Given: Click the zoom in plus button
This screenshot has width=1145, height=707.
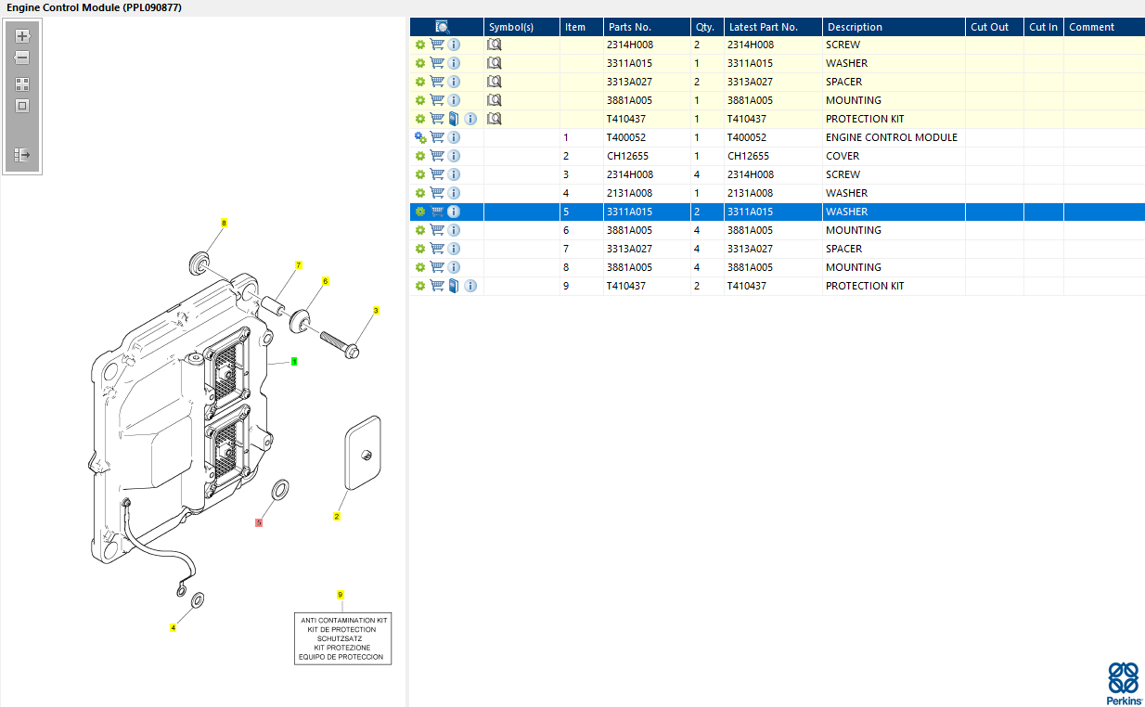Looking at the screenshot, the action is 22,36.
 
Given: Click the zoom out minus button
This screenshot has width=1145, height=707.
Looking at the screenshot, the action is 22,58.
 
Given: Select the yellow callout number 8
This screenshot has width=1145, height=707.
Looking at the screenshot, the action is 224,223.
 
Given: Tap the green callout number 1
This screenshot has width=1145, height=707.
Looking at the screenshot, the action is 294,362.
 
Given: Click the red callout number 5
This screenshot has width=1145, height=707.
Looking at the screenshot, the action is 259,522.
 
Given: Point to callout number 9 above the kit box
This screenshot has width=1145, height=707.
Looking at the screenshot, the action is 340,595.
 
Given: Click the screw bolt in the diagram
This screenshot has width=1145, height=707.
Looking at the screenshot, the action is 340,345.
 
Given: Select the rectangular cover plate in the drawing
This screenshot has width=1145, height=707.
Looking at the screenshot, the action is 363,453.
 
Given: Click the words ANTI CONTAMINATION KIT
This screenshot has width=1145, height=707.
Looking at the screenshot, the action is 344,620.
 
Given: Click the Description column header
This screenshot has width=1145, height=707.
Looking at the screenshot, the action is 855,27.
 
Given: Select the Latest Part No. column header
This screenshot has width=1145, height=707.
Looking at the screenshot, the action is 763,27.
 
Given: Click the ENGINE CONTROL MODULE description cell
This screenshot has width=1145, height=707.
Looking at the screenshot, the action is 892,137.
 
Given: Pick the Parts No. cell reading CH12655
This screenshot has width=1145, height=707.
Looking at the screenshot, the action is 627,156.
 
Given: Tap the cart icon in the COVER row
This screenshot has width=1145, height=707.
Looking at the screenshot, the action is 437,156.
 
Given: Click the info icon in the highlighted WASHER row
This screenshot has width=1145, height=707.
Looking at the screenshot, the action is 454,212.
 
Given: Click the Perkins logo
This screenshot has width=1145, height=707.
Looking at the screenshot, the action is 1123,684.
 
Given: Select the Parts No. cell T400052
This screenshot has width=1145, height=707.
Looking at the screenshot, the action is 626,137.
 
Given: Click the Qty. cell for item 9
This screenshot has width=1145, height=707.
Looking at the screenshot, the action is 697,286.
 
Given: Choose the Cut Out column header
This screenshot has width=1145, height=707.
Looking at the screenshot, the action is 989,27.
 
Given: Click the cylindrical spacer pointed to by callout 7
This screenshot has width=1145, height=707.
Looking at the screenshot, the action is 273,304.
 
